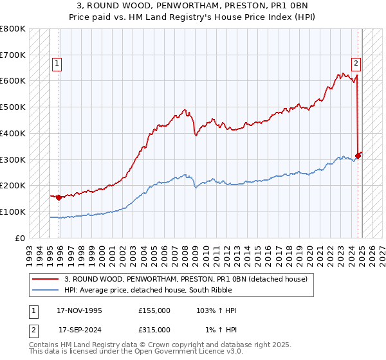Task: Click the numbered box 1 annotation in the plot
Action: tap(57, 63)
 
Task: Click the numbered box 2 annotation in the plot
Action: tap(356, 63)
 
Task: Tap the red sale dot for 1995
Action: tap(59, 197)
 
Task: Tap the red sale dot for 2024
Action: tap(358, 156)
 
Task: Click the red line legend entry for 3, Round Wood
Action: tap(187, 279)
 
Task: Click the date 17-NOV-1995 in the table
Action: tap(80, 310)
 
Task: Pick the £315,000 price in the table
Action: tap(154, 330)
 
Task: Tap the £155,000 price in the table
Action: tap(154, 310)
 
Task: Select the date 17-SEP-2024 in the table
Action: tap(80, 330)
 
